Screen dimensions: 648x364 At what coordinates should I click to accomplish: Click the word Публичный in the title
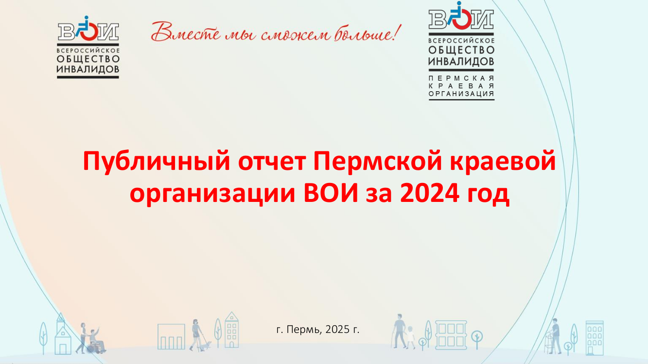click(156, 162)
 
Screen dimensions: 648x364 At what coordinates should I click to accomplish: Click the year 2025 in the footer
click(337, 330)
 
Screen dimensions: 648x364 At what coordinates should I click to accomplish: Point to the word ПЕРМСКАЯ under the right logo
click(461, 78)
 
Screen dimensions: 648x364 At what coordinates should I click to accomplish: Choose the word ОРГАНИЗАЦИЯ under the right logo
click(461, 94)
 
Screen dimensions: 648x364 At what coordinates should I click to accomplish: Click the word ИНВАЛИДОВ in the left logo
click(88, 69)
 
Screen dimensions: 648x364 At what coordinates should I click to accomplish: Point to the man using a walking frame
click(555, 336)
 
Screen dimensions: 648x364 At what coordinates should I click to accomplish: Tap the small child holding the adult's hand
click(410, 337)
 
